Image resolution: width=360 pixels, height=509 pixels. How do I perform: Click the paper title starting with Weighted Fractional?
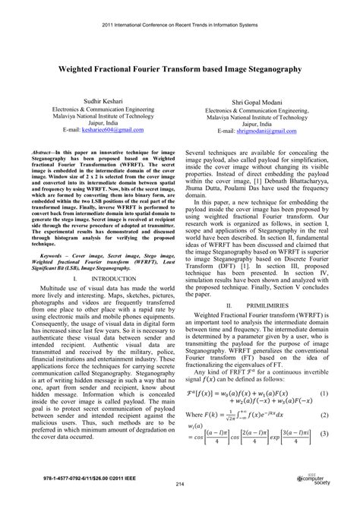[180, 68]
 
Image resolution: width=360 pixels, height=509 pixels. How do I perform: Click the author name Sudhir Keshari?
[99, 100]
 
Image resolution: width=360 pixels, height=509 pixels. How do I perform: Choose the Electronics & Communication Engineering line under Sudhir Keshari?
[99, 109]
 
